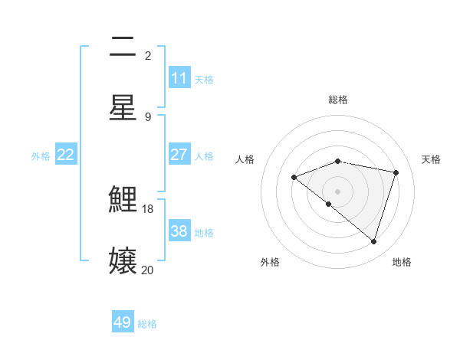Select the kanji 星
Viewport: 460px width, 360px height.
[x=123, y=106]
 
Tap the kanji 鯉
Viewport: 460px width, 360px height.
[x=123, y=201]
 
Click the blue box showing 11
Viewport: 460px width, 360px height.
[x=179, y=78]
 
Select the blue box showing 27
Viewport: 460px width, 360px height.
[x=179, y=155]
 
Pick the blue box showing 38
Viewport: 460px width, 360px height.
[x=179, y=231]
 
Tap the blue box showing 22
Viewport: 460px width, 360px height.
[x=65, y=155]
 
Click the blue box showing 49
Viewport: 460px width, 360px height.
[x=123, y=322]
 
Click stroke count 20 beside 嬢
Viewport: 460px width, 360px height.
[x=147, y=270]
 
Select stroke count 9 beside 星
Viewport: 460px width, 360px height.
[x=148, y=116]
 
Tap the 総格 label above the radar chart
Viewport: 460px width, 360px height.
[x=338, y=100]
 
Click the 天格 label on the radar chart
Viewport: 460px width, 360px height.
[x=432, y=159]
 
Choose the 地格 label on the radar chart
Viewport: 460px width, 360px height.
[x=402, y=262]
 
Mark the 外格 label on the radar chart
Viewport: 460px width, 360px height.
[x=270, y=262]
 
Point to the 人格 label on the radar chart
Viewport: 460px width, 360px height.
[x=245, y=159]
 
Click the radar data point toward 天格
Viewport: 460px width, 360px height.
[x=396, y=172]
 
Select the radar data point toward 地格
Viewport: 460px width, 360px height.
[x=373, y=242]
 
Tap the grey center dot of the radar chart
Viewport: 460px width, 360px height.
[x=338, y=191]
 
